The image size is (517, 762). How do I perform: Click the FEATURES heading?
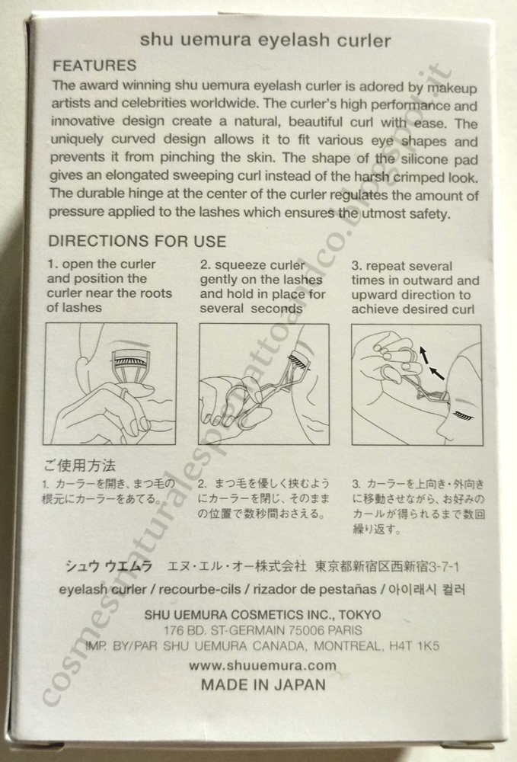click(x=94, y=66)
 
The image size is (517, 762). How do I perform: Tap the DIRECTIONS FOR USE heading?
click(x=137, y=241)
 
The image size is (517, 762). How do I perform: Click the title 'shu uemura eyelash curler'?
click(x=265, y=40)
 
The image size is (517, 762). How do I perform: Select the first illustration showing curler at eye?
click(x=110, y=384)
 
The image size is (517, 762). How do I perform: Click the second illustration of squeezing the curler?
click(x=264, y=384)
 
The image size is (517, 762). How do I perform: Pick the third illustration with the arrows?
click(x=417, y=385)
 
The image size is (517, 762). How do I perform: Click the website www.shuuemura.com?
click(x=263, y=665)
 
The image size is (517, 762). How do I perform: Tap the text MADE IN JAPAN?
click(x=263, y=685)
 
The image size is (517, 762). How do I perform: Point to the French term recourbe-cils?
click(x=199, y=590)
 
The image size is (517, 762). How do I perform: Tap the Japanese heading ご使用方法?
click(x=80, y=466)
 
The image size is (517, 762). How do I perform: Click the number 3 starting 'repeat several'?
click(x=356, y=266)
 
